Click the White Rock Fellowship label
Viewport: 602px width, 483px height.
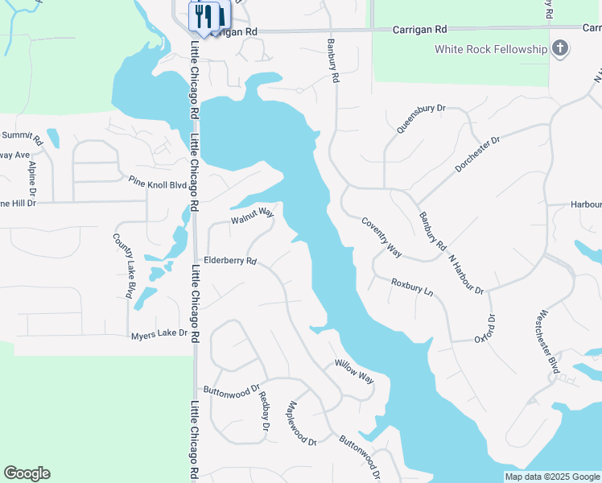[x=490, y=49]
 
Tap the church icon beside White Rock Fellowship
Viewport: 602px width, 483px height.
[x=561, y=49]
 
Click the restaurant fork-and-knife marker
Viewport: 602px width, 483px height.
[x=204, y=15]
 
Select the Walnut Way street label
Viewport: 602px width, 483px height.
[x=253, y=215]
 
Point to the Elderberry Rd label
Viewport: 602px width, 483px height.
[x=229, y=261]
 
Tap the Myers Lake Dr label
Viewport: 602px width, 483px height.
[x=159, y=332]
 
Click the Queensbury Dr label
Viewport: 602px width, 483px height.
[x=420, y=118]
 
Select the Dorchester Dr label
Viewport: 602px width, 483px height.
[x=477, y=153]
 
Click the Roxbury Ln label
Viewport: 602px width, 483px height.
[x=412, y=287]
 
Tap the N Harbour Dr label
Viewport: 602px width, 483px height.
[x=466, y=275]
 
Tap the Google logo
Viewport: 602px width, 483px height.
[x=27, y=473]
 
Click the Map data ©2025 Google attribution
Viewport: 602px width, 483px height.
[x=551, y=477]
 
